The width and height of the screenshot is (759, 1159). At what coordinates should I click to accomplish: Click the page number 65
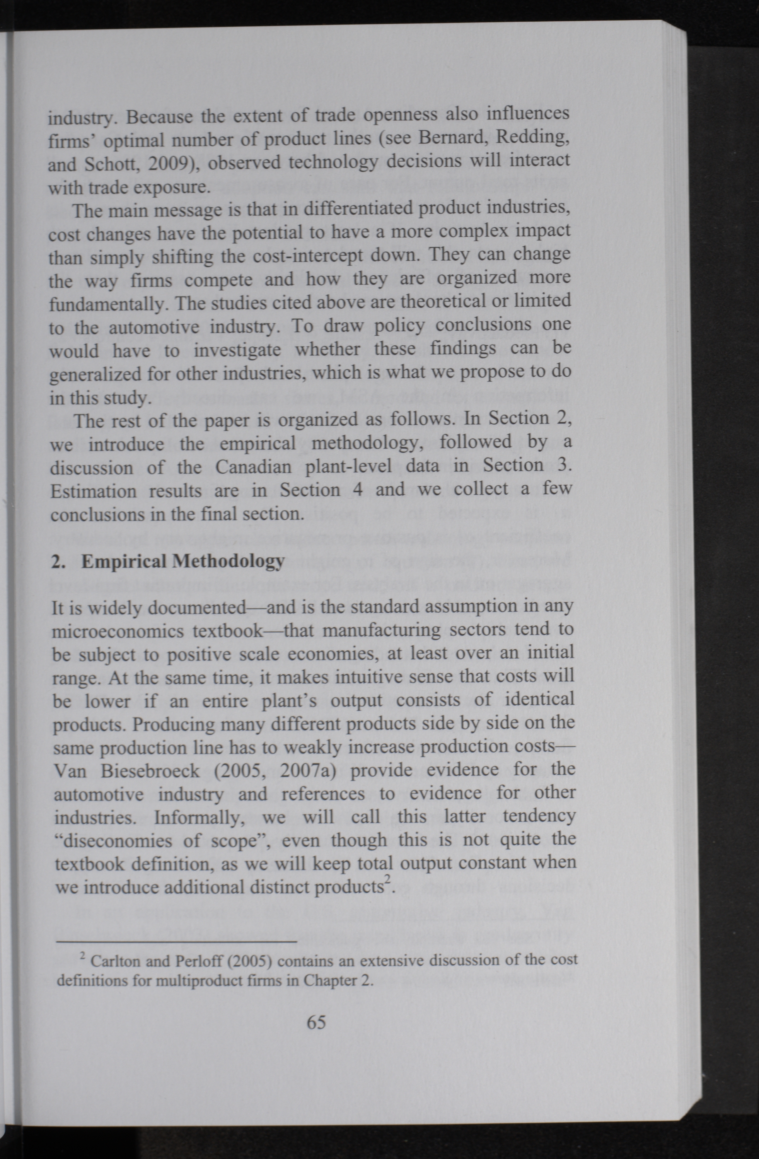point(316,1022)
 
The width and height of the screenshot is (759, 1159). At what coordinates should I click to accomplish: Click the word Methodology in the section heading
point(229,562)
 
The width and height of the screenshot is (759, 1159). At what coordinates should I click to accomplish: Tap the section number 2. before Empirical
point(58,562)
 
